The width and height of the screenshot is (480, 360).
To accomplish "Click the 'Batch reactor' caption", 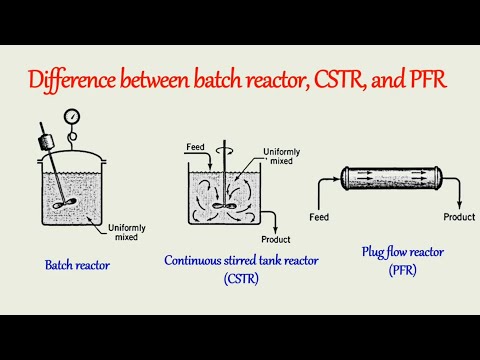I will coord(77,265).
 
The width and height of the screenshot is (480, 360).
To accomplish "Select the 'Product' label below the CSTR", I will coord(274,240).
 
